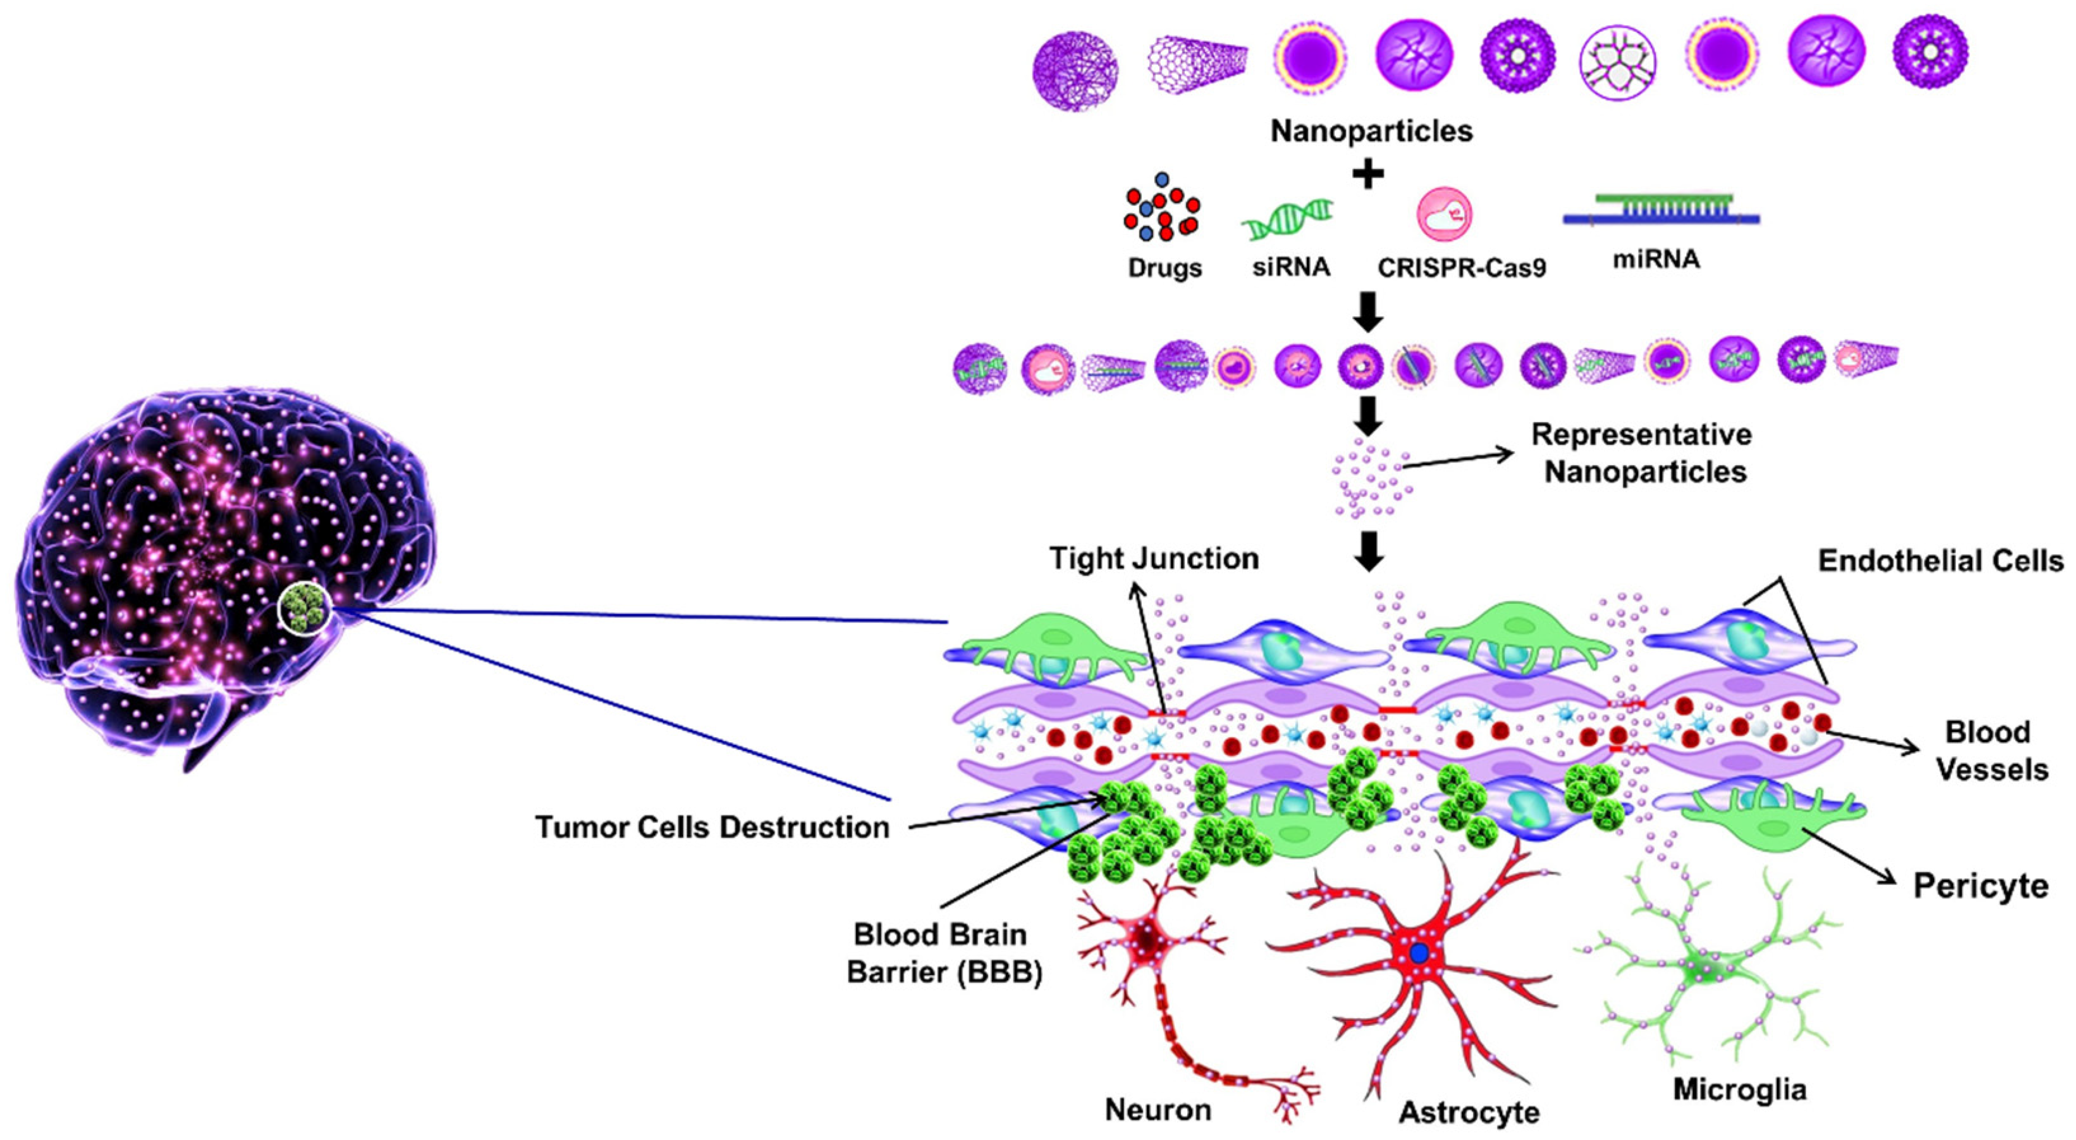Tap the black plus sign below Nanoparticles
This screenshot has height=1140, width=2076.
pyautogui.click(x=1368, y=175)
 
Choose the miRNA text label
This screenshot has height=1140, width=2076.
pyautogui.click(x=1656, y=260)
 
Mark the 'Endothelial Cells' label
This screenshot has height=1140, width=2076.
pyautogui.click(x=1940, y=561)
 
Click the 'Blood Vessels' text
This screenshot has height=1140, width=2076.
pyautogui.click(x=1991, y=751)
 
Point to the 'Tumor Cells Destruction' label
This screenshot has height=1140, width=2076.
pyautogui.click(x=712, y=827)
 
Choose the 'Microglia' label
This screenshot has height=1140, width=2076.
pyautogui.click(x=1739, y=1089)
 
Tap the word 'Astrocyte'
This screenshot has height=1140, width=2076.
pyautogui.click(x=1468, y=1113)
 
